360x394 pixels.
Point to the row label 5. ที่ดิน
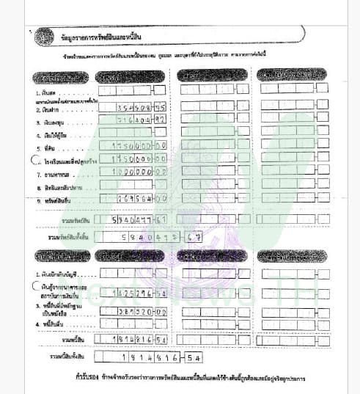pyautogui.click(x=45, y=147)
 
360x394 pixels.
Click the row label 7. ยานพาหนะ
pyautogui.click(x=53, y=174)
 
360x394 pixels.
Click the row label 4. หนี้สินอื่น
pyautogui.click(x=52, y=323)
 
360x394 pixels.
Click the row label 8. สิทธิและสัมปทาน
pyautogui.click(x=59, y=186)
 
